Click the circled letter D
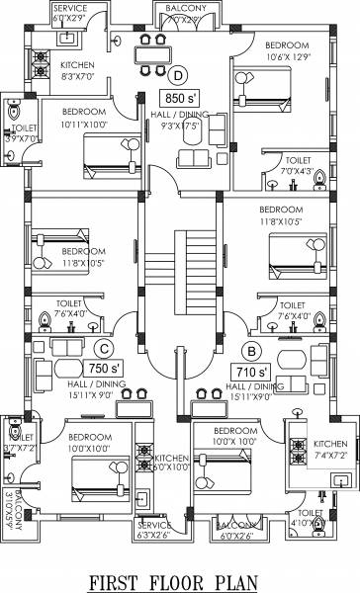tap(179, 73)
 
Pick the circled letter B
tap(251, 350)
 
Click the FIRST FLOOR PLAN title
tap(179, 578)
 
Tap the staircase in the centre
tap(180, 261)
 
